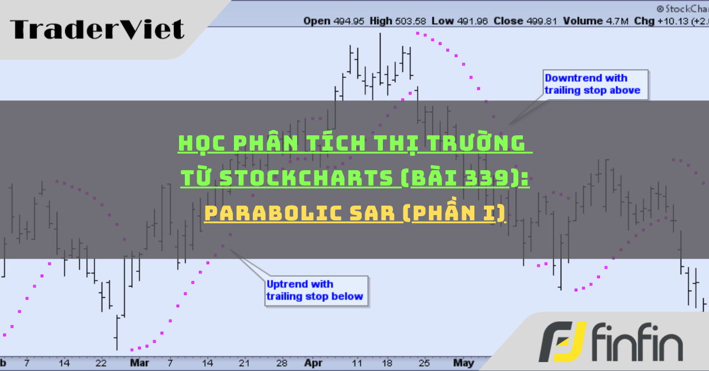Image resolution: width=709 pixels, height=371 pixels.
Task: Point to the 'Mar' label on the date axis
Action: click(x=139, y=362)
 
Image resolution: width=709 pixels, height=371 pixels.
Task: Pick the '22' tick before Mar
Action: click(x=101, y=362)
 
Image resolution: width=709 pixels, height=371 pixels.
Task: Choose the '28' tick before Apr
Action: click(x=282, y=362)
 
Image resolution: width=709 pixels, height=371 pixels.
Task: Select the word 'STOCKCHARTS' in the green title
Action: click(x=307, y=178)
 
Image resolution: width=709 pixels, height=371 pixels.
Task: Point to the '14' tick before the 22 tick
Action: click(x=64, y=362)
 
